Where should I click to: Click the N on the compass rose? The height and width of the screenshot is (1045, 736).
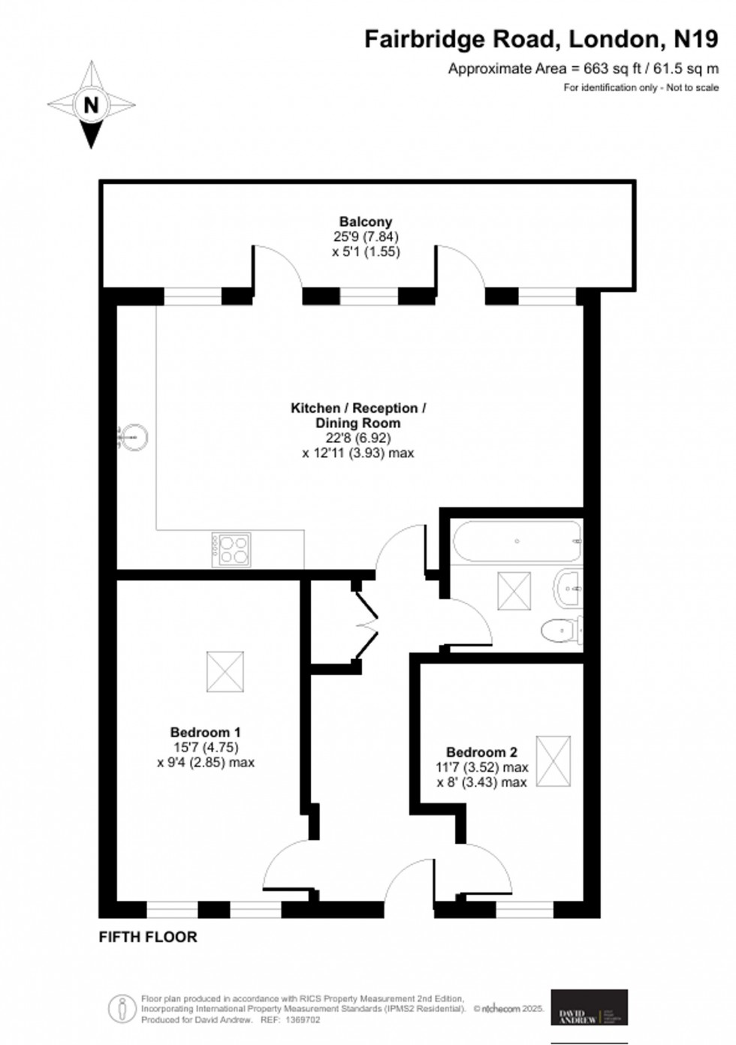tap(91, 105)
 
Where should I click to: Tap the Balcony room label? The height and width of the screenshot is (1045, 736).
tap(366, 221)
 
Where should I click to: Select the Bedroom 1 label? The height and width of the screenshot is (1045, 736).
tap(205, 732)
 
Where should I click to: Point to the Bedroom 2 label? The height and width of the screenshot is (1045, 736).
tap(481, 752)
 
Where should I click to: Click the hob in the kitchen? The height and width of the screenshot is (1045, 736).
tap(231, 549)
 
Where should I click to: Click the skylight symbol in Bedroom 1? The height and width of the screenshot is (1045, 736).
tap(225, 672)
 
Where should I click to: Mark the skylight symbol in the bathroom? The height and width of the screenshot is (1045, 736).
tap(514, 591)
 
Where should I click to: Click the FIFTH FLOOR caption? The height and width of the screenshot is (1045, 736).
tap(148, 937)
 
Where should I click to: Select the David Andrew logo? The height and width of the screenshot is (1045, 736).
tap(590, 1007)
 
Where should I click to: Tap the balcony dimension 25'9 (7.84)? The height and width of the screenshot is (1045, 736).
tap(366, 237)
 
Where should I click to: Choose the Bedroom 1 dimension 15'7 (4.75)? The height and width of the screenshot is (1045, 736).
tap(205, 747)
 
